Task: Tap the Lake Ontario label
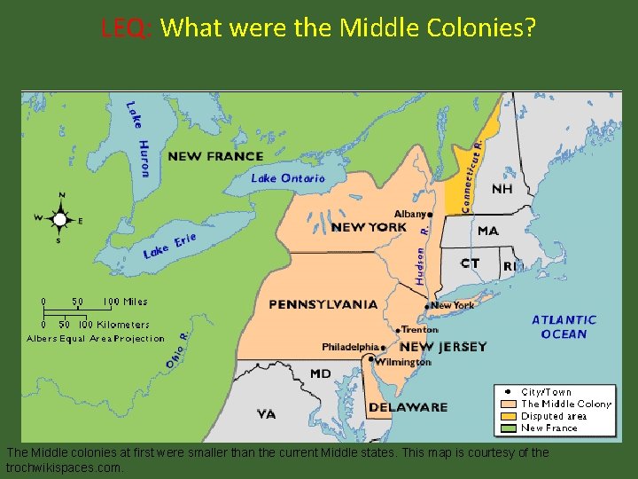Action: pyautogui.click(x=288, y=178)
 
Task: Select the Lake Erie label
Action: pyautogui.click(x=169, y=246)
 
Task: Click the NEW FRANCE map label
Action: pyautogui.click(x=215, y=156)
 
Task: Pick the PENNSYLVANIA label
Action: pyautogui.click(x=323, y=304)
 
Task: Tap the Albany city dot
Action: pyautogui.click(x=431, y=214)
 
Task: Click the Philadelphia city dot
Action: pyautogui.click(x=384, y=347)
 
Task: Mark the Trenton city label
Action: pyautogui.click(x=420, y=329)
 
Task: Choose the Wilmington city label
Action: pyautogui.click(x=402, y=362)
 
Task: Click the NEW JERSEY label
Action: pyautogui.click(x=443, y=347)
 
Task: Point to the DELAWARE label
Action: pyautogui.click(x=408, y=407)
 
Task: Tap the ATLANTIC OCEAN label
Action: pyautogui.click(x=564, y=326)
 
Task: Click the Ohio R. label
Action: pyautogui.click(x=175, y=350)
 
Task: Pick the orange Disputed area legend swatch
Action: pyautogui.click(x=508, y=416)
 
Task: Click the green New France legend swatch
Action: pyautogui.click(x=508, y=428)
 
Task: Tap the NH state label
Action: pyautogui.click(x=502, y=189)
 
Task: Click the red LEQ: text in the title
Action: pyautogui.click(x=128, y=28)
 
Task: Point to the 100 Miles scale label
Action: pyautogui.click(x=125, y=302)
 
